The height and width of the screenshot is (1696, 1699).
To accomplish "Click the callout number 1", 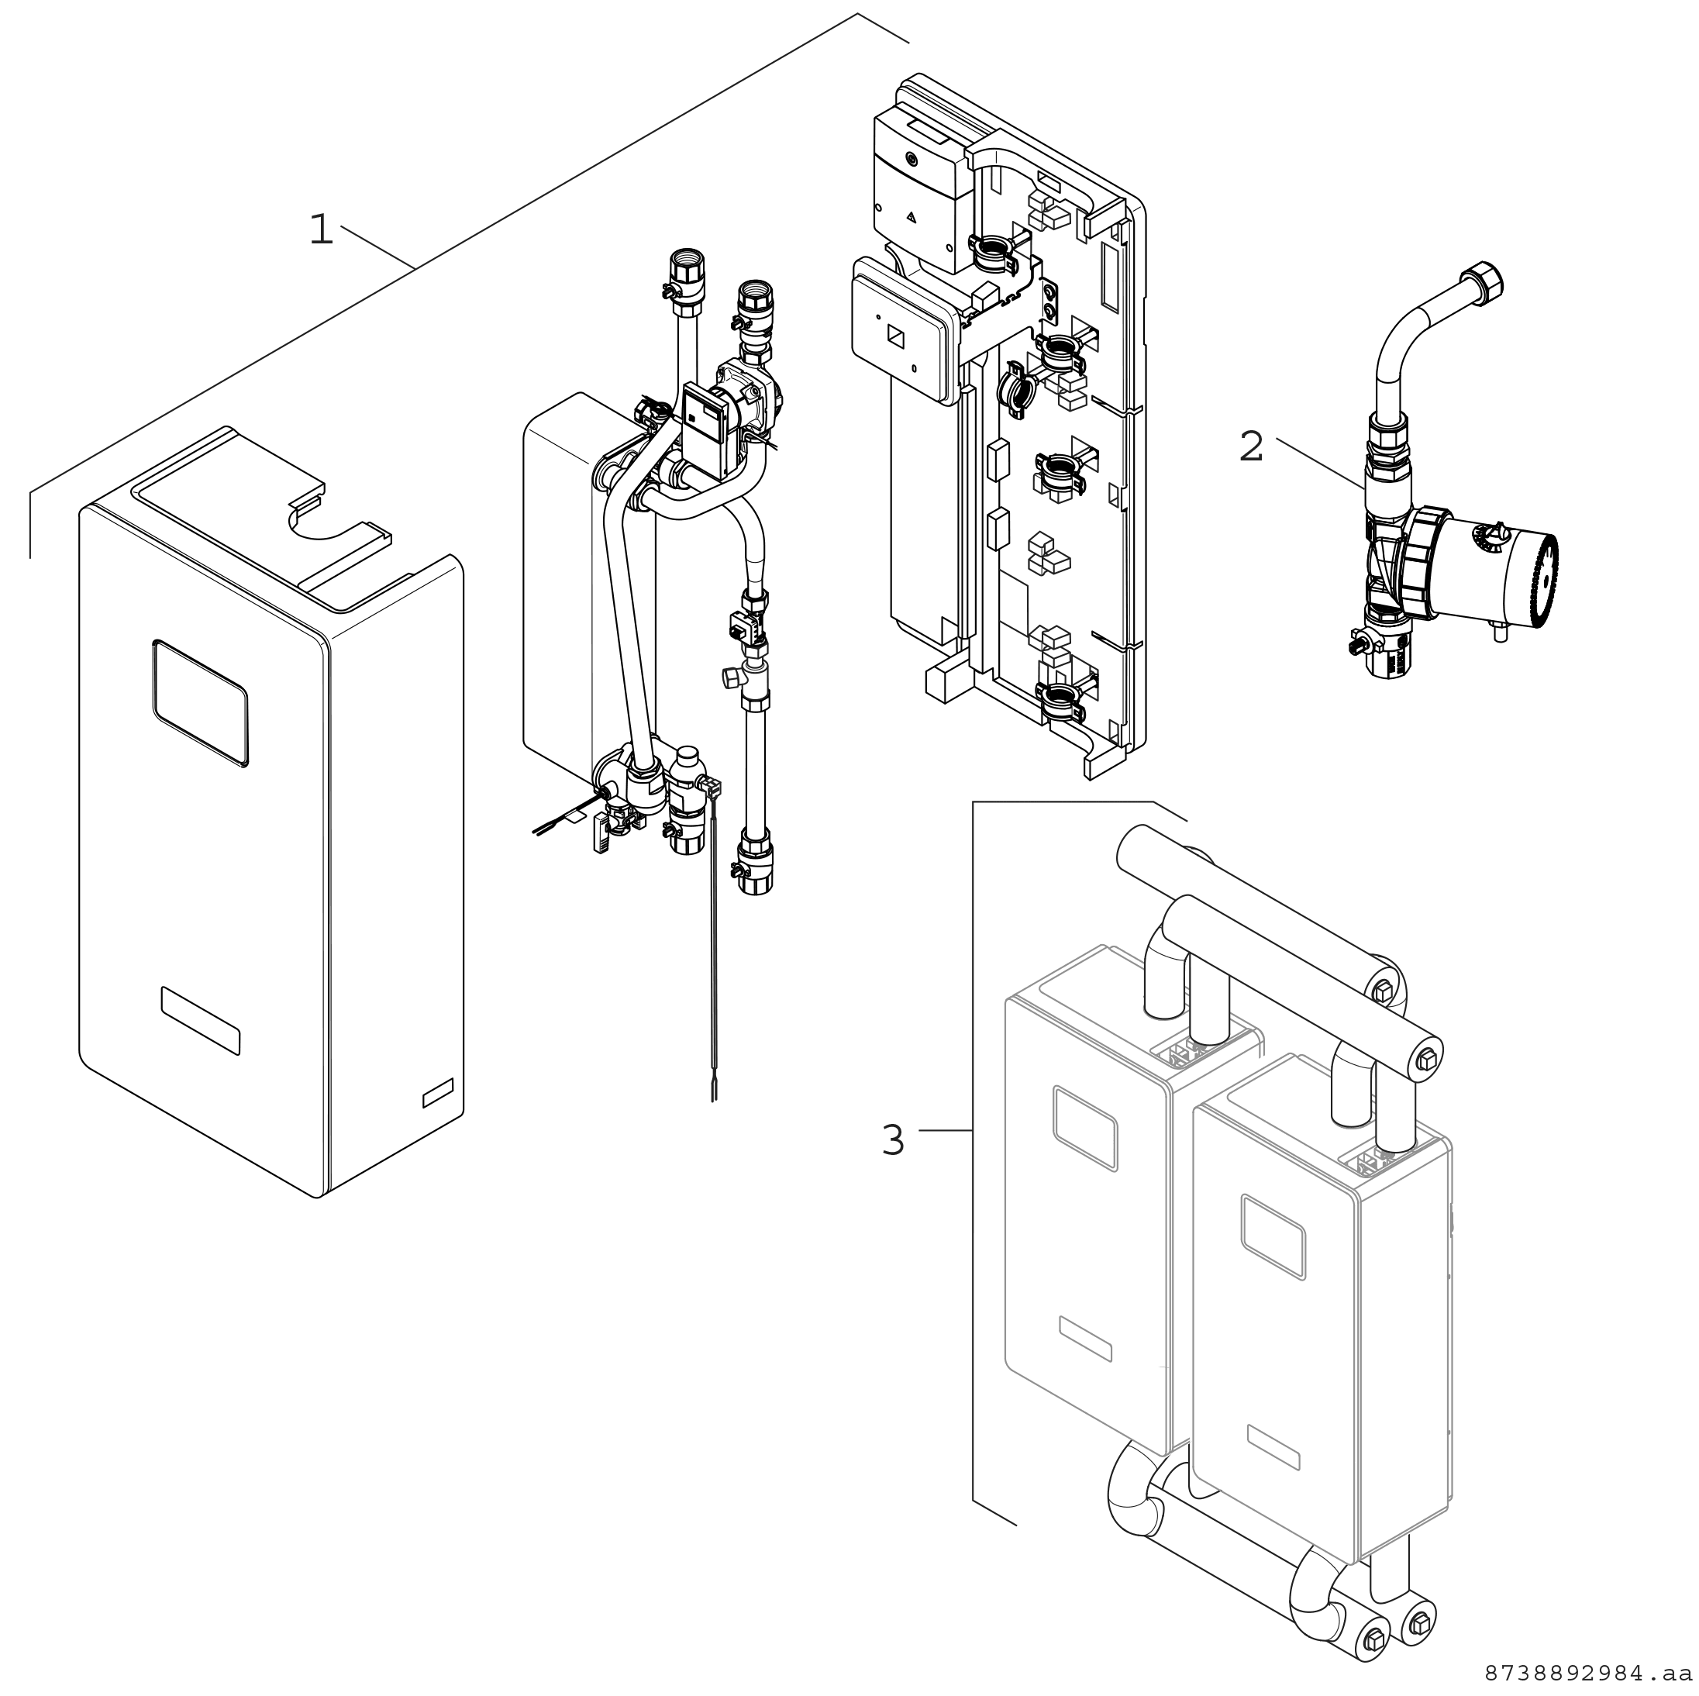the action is [x=322, y=230].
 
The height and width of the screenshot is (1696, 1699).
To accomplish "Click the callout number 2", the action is [x=1250, y=447].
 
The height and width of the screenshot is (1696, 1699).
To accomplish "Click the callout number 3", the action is [x=893, y=1141].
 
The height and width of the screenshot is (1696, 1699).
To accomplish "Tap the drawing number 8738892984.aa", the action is [x=1590, y=1671].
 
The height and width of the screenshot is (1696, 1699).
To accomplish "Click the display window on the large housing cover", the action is [x=201, y=702].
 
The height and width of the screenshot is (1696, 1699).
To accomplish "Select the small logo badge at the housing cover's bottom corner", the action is [x=439, y=1094].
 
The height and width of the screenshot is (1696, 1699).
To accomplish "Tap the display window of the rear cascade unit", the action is [x=1085, y=1129].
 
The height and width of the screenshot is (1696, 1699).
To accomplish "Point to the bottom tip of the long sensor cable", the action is [x=714, y=1100].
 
